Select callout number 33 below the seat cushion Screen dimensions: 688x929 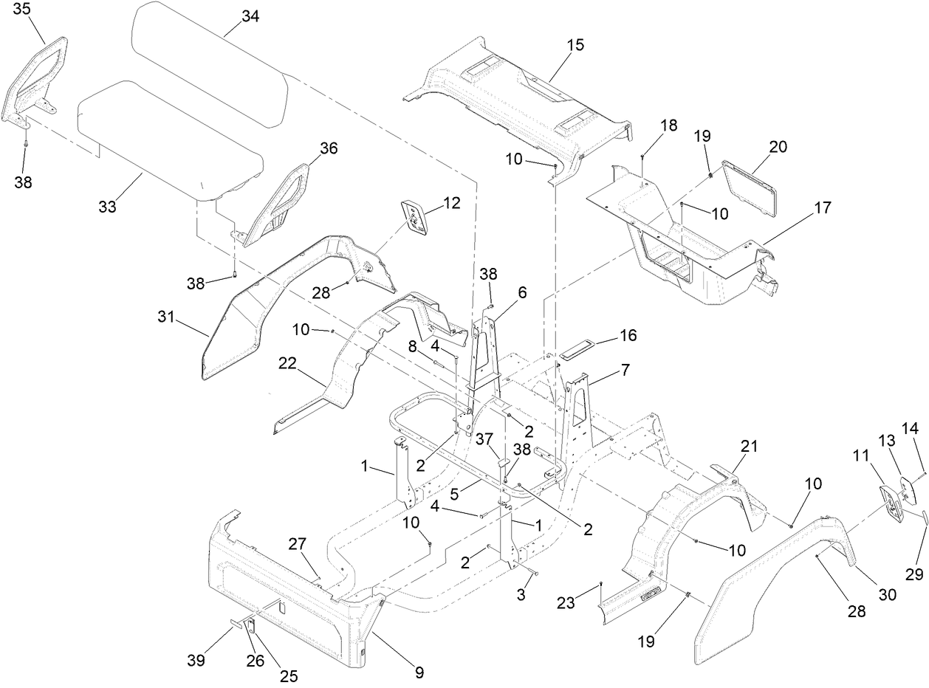[x=108, y=207]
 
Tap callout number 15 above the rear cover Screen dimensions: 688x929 [x=575, y=44]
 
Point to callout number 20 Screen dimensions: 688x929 [x=778, y=147]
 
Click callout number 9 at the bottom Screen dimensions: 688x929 [x=419, y=672]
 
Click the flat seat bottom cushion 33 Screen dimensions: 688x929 [x=170, y=144]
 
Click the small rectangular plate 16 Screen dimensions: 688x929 [x=580, y=351]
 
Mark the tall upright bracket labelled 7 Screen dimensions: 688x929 [x=580, y=406]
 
